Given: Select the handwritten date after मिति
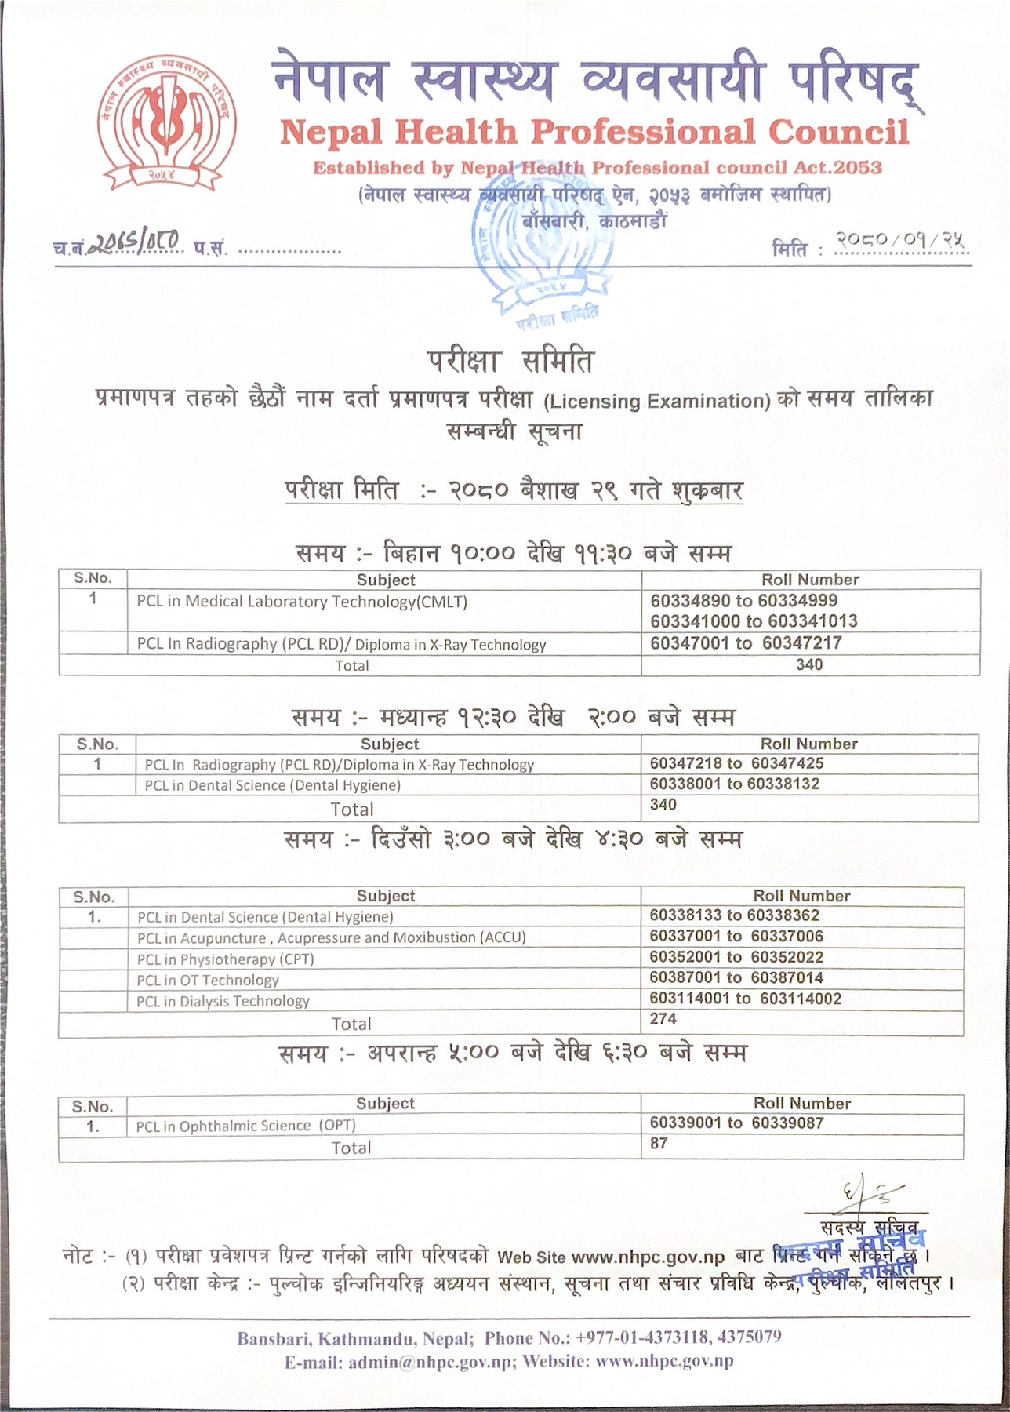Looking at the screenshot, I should coord(901,241).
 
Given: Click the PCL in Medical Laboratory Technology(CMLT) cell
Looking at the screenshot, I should coord(302,602).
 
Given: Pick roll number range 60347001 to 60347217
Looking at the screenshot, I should coord(746,643).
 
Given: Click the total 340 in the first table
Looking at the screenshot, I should coord(808,664).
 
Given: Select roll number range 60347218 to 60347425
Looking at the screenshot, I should coord(736,763).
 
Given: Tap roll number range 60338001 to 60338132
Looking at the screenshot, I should coord(734,784).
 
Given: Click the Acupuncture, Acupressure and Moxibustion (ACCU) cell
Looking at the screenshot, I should coord(331,938).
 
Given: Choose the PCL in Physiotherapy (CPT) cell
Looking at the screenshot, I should coord(225,959).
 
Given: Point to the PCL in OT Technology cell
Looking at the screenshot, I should coord(208,981).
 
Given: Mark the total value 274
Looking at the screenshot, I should coord(663,1019).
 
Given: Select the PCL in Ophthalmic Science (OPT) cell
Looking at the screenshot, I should coord(245,1126).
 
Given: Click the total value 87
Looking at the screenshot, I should coord(659,1144).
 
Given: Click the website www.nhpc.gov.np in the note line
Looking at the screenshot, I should coord(648,1257).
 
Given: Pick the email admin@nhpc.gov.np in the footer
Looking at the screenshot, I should coord(429,1363).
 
